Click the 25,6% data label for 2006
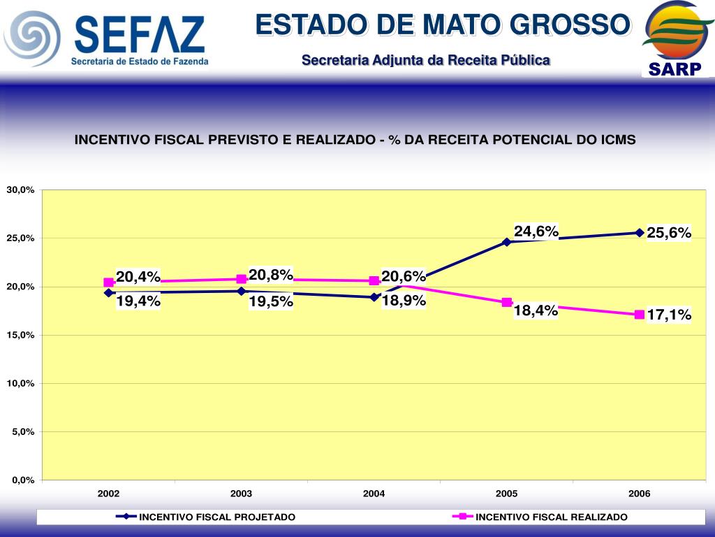669,233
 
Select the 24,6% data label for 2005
536,231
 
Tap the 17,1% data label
669,315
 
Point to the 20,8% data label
271,275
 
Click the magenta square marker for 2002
109,283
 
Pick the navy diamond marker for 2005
507,242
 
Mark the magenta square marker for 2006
640,315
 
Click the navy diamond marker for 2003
242,291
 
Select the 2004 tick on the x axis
374,494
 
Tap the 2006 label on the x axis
639,494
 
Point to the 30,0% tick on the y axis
21,190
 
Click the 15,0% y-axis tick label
21,335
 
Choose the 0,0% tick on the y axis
21,480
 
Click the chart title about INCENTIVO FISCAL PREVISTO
355,140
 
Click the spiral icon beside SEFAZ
32,38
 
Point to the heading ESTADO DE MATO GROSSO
443,25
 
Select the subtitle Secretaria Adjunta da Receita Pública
426,61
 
